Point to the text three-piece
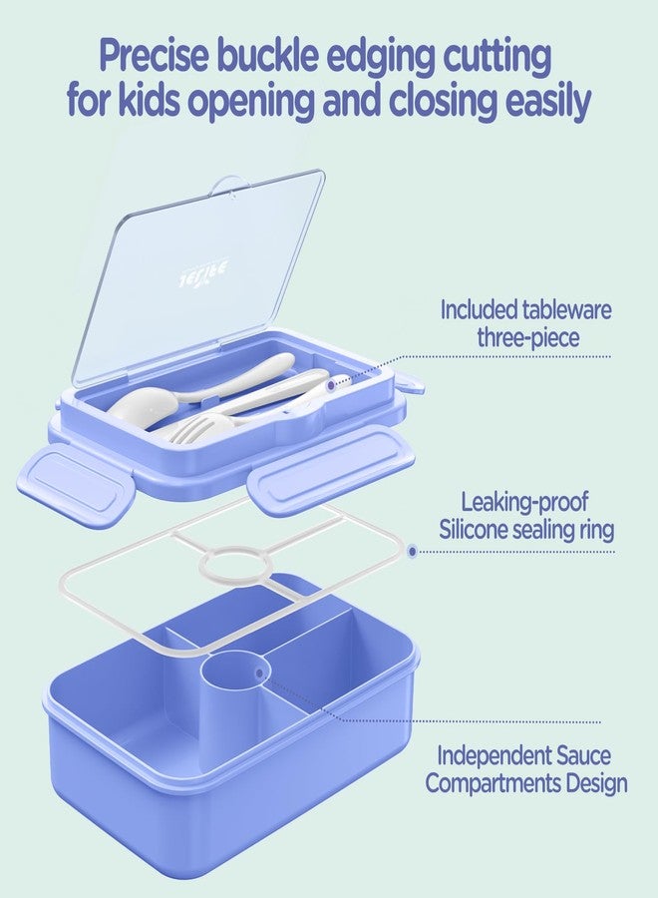click(x=527, y=338)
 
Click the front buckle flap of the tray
click(x=329, y=472)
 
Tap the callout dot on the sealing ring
click(x=412, y=550)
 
